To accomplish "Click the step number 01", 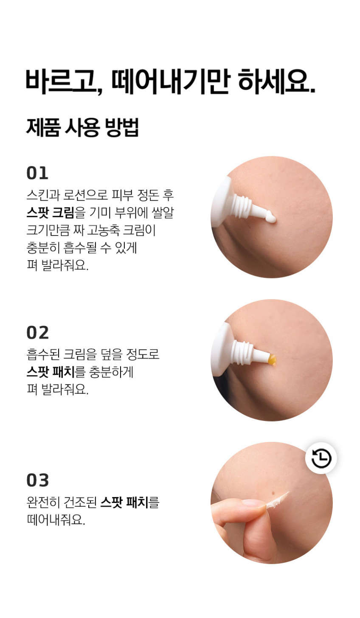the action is (x=37, y=173).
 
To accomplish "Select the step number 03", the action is (x=37, y=480).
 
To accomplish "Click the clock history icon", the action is (x=321, y=458).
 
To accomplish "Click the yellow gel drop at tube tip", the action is (x=272, y=360).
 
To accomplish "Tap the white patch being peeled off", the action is (x=277, y=500).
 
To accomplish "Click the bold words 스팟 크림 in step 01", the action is (x=51, y=212).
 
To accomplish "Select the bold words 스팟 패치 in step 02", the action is (x=51, y=372).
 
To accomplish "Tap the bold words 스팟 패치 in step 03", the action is (x=124, y=502).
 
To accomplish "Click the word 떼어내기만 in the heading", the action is (x=171, y=81).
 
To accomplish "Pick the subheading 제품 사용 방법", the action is (x=82, y=127).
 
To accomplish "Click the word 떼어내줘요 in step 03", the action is (x=56, y=520).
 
